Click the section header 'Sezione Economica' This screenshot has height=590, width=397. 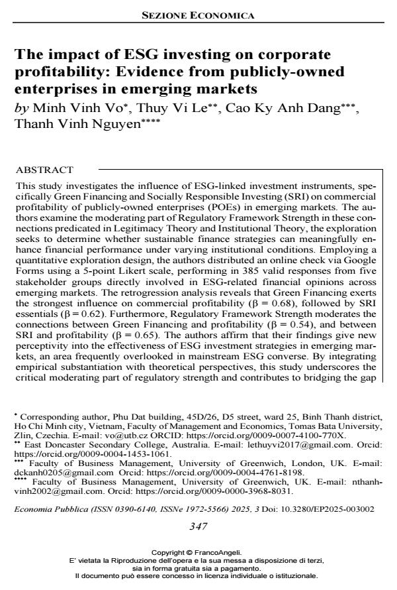point(198,15)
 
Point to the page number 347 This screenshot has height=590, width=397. point(198,527)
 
